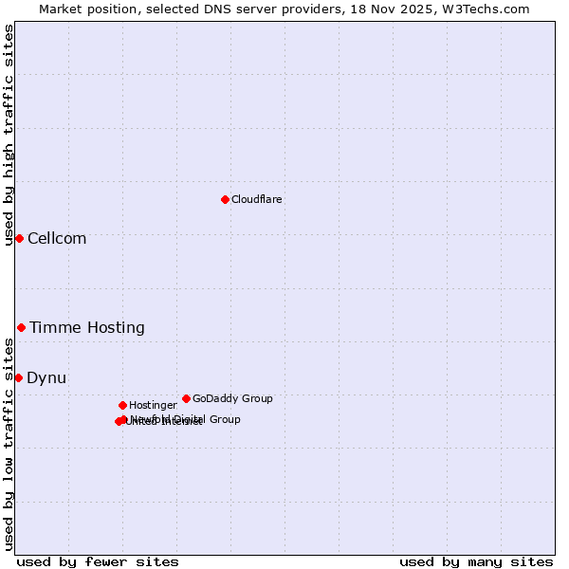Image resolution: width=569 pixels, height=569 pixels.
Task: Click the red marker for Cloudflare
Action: click(x=225, y=199)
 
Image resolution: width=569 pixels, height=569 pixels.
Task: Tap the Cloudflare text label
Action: click(x=257, y=200)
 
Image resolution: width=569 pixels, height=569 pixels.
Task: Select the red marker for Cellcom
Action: click(x=19, y=238)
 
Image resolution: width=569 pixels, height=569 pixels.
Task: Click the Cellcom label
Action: click(x=57, y=239)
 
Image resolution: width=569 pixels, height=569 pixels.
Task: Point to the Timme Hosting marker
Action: click(x=21, y=327)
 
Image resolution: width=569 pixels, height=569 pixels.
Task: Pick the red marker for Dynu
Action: click(x=18, y=377)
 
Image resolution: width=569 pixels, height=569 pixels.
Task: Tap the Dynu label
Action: click(x=46, y=378)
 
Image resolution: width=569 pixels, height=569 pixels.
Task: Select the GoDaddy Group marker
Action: click(x=186, y=398)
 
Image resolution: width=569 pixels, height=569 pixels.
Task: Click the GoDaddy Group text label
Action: click(x=232, y=399)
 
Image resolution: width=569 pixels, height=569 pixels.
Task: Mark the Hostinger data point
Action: click(x=122, y=405)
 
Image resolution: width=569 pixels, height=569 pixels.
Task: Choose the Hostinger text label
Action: click(x=153, y=406)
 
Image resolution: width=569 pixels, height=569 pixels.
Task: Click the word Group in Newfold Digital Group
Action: click(x=225, y=419)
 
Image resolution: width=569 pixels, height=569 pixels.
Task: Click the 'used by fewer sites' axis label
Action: click(x=98, y=561)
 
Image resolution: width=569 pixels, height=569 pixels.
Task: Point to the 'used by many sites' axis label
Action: click(x=476, y=561)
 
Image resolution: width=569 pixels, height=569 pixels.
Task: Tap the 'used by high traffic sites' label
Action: click(x=9, y=136)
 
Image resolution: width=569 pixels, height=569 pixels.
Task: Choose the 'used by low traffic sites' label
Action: click(x=9, y=444)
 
